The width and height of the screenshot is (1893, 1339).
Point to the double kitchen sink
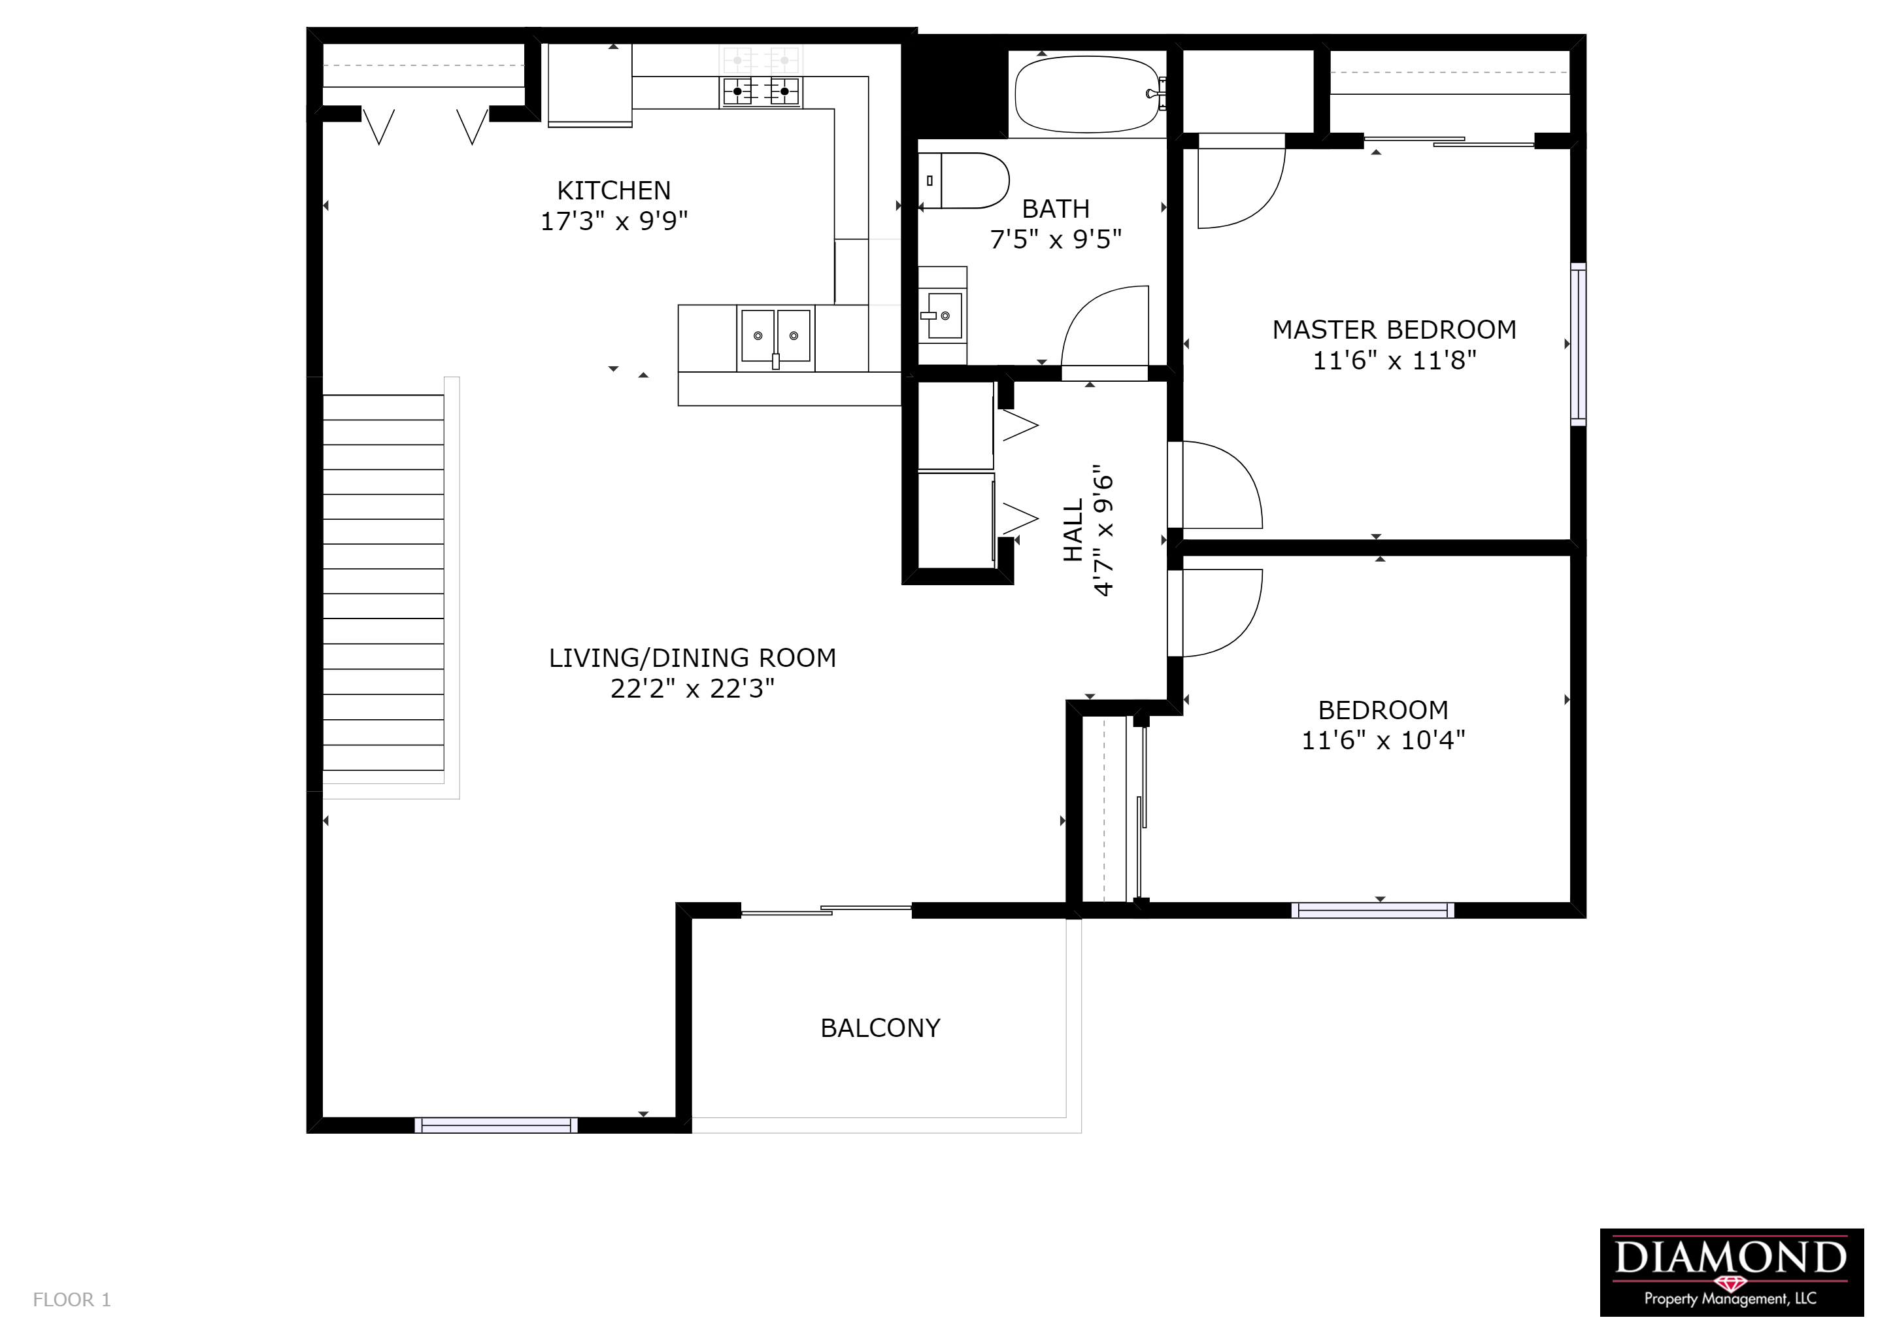pos(775,337)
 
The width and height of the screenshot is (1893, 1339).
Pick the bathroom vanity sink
pos(943,316)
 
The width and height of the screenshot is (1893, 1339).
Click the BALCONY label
pos(880,1028)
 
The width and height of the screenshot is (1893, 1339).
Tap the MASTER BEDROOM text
pos(1394,330)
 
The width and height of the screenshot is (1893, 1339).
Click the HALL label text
pos(1073,530)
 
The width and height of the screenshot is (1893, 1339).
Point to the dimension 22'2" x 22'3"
pos(693,688)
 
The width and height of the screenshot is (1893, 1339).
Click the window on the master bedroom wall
pos(1578,345)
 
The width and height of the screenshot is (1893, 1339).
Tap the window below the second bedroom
pos(1373,910)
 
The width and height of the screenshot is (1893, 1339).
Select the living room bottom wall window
pos(496,1125)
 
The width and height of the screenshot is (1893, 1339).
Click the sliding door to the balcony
pos(826,910)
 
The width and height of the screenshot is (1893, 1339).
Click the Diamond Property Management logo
pos(1732,1284)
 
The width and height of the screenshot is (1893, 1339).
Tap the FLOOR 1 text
pos(72,1300)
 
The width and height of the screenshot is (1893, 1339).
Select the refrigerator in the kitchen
pos(590,86)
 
